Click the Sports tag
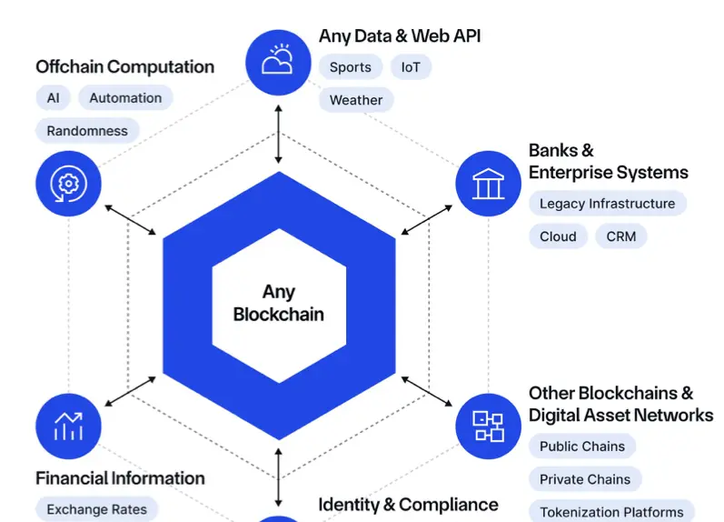tap(350, 67)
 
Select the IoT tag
tap(411, 67)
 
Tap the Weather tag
tap(356, 100)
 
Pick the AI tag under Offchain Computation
tap(53, 98)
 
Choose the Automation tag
tap(125, 98)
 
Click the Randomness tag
tap(87, 131)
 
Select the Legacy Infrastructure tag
tap(607, 204)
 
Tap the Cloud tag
tap(558, 236)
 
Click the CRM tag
tap(621, 236)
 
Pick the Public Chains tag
tap(582, 447)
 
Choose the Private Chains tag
tap(585, 479)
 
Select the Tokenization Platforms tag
tap(611, 512)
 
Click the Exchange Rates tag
tap(96, 509)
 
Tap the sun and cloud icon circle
tap(278, 63)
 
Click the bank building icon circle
tap(488, 183)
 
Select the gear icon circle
tap(68, 184)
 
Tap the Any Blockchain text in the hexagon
tap(279, 303)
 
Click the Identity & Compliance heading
tap(408, 505)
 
